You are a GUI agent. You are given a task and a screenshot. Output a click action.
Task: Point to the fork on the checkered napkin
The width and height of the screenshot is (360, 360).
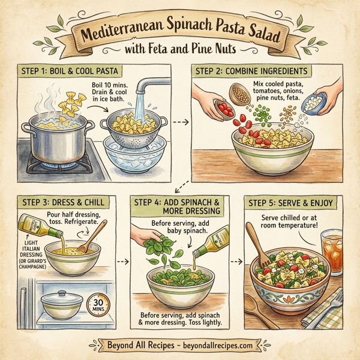(335, 307)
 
